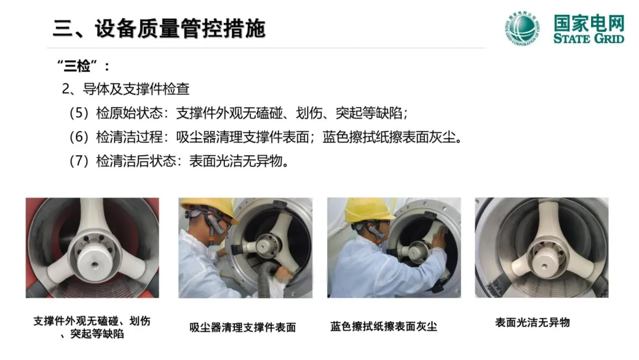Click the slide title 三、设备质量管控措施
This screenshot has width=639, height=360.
[159, 28]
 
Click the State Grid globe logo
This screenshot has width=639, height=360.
[522, 28]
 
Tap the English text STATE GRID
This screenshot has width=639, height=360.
[589, 38]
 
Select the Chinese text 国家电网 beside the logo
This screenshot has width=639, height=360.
[589, 23]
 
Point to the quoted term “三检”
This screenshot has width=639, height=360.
[78, 66]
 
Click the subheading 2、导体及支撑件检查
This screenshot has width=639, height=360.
[125, 89]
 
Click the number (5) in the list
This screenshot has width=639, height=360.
[79, 113]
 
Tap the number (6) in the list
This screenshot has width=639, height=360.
[79, 137]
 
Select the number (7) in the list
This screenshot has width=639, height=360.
[79, 161]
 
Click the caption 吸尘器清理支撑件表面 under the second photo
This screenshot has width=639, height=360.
[243, 327]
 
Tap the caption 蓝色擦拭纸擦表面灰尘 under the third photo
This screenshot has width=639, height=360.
[384, 327]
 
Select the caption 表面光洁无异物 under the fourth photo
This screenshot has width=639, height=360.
[532, 323]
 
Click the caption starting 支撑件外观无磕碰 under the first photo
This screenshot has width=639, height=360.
[92, 327]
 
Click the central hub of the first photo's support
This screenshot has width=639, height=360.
[93, 260]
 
